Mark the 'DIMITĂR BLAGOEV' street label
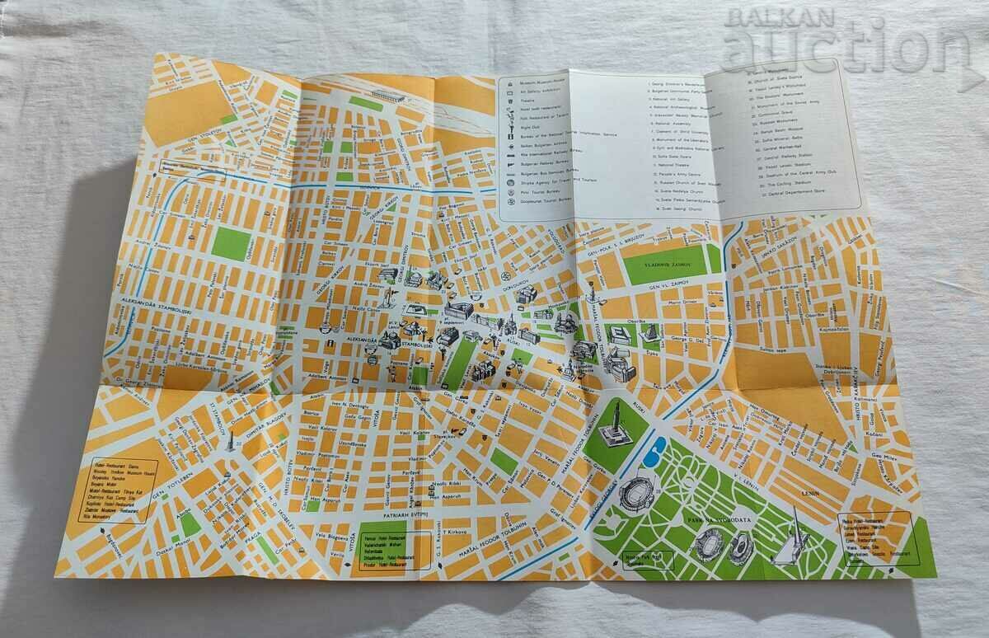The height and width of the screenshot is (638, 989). (258, 429)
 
